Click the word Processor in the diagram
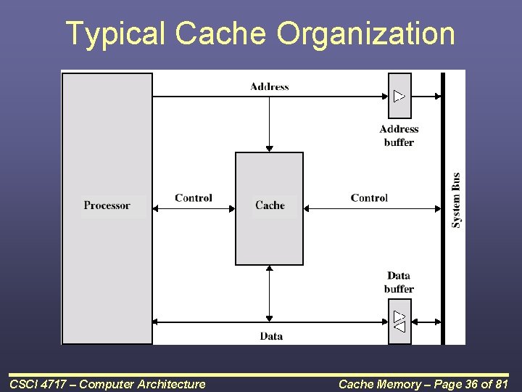click(x=107, y=205)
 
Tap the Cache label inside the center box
click(x=270, y=205)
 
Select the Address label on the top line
click(x=269, y=86)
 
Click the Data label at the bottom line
click(x=271, y=336)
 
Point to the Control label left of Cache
click(x=194, y=198)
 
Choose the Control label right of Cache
click(x=369, y=198)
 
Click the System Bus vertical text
click(x=456, y=200)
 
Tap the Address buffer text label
click(x=399, y=136)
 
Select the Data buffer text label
click(x=399, y=282)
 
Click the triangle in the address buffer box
click(x=399, y=96)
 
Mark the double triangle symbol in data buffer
click(x=399, y=322)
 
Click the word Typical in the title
click(x=115, y=34)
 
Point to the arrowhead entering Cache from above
click(x=269, y=149)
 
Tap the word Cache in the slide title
click(x=223, y=34)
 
